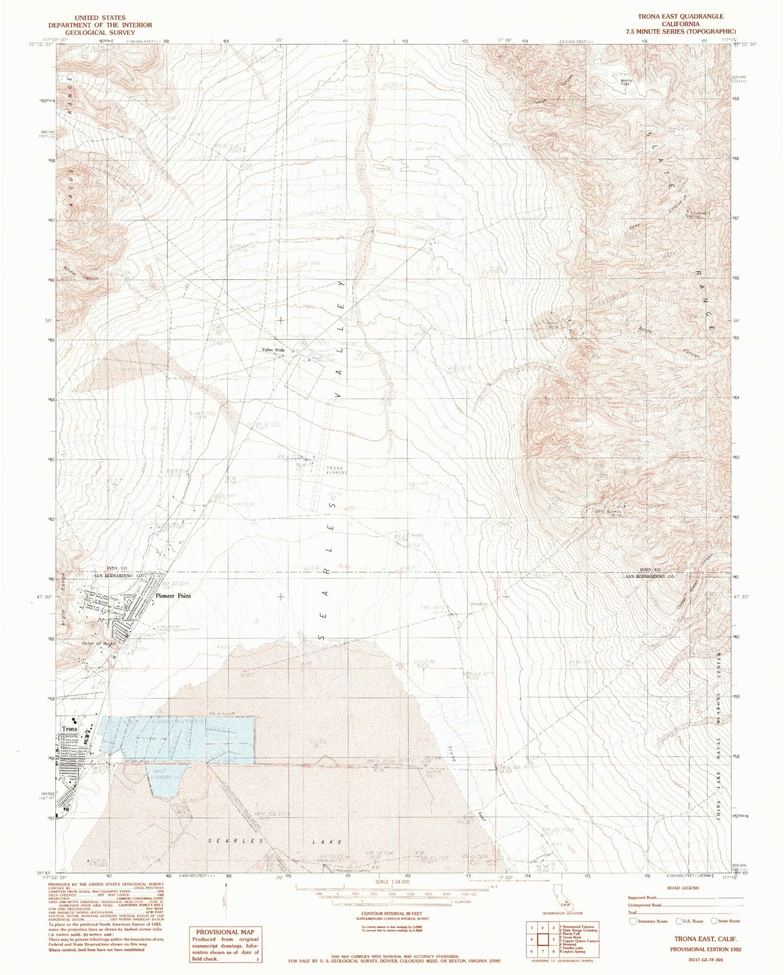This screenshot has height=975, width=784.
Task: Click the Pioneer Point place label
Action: pyautogui.click(x=173, y=596)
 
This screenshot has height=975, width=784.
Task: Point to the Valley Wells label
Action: pyautogui.click(x=273, y=351)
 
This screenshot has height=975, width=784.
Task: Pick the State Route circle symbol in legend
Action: pyautogui.click(x=713, y=921)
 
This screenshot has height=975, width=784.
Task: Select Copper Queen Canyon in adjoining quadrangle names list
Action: pyautogui.click(x=581, y=939)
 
